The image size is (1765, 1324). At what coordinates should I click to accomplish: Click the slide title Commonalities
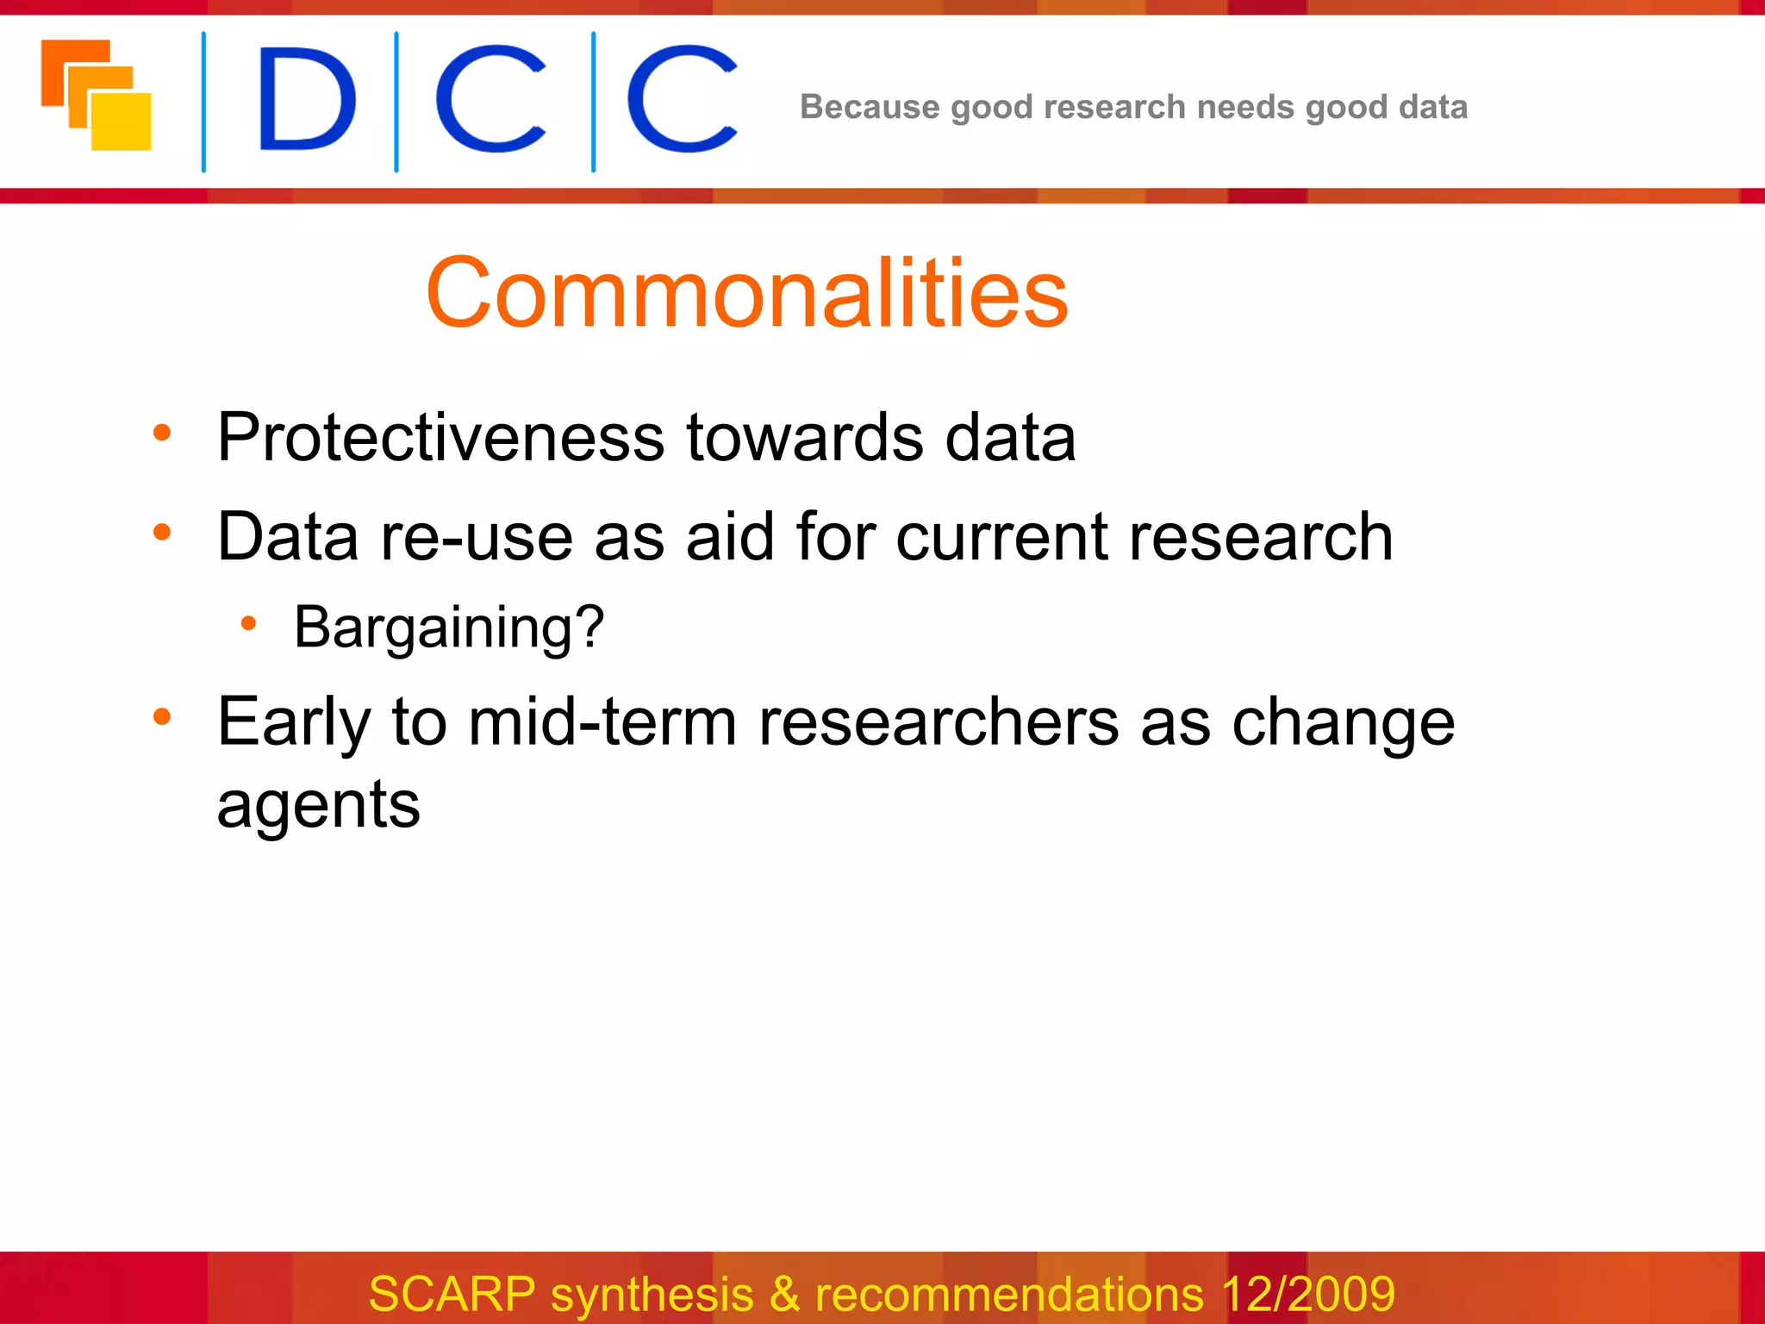coord(746,293)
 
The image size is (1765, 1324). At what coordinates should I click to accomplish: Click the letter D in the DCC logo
coord(306,100)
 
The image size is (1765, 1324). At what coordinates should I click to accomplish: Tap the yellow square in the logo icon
coord(122,122)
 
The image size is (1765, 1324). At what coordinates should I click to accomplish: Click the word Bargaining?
coord(449,627)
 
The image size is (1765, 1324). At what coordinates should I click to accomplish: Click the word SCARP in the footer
coord(452,1294)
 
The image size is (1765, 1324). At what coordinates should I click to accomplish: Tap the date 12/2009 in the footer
coord(1307,1294)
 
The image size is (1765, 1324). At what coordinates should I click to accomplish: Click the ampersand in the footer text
coord(783,1294)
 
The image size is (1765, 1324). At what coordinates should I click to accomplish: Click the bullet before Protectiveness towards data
coord(162,433)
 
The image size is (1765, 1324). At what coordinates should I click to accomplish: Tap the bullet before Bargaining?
coord(248,623)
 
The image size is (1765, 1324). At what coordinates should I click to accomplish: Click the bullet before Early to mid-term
coord(162,716)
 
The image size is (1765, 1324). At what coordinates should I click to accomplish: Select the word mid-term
coord(602,722)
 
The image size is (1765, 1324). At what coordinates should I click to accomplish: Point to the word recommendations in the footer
coord(1008,1294)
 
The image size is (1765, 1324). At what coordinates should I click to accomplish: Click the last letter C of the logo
coord(681,100)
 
